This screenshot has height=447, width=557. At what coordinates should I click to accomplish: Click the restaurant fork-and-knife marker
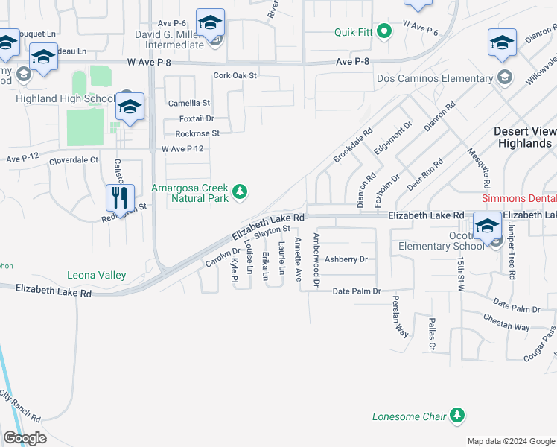[x=120, y=198]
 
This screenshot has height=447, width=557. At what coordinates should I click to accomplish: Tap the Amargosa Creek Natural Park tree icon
[x=240, y=193]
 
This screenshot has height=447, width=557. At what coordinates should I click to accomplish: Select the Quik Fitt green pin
[x=384, y=31]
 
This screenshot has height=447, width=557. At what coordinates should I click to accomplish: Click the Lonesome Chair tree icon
[x=457, y=416]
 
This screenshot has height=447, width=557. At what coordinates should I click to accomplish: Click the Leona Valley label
[x=96, y=276]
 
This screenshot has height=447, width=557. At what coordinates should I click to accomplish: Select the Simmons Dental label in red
[x=519, y=199]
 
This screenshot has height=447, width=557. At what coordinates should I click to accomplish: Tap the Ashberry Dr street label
[x=346, y=259]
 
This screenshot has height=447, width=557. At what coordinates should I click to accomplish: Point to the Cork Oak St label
[x=235, y=75]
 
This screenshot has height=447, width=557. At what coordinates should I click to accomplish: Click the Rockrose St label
[x=197, y=133]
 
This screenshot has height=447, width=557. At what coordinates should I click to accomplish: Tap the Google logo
[x=25, y=437]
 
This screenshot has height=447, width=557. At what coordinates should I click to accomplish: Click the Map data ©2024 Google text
[x=511, y=441]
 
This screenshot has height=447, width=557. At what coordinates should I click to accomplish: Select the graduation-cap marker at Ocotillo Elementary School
[x=487, y=226]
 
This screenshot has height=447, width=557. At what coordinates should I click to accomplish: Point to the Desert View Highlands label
[x=525, y=137]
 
